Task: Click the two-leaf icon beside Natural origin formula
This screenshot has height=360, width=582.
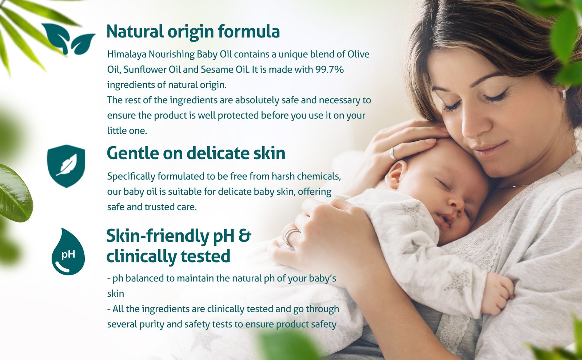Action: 68,39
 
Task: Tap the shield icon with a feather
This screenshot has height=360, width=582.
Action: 66,166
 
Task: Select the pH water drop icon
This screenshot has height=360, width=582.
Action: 68,252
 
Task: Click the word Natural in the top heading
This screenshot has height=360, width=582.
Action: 135,31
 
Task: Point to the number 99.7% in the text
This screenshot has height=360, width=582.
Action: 330,69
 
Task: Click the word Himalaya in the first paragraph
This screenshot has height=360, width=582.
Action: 127,55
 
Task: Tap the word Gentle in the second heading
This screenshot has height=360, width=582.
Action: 132,153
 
